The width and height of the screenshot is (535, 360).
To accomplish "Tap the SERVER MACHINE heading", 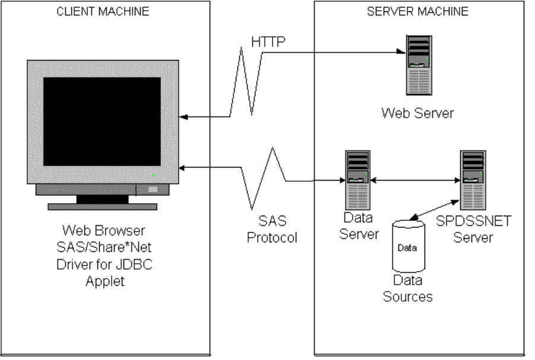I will click(x=418, y=11).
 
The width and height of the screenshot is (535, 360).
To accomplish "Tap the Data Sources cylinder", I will click(x=407, y=246).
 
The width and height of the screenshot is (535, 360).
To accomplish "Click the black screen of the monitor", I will click(x=102, y=121).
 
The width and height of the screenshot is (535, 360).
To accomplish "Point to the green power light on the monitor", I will click(x=154, y=175).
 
